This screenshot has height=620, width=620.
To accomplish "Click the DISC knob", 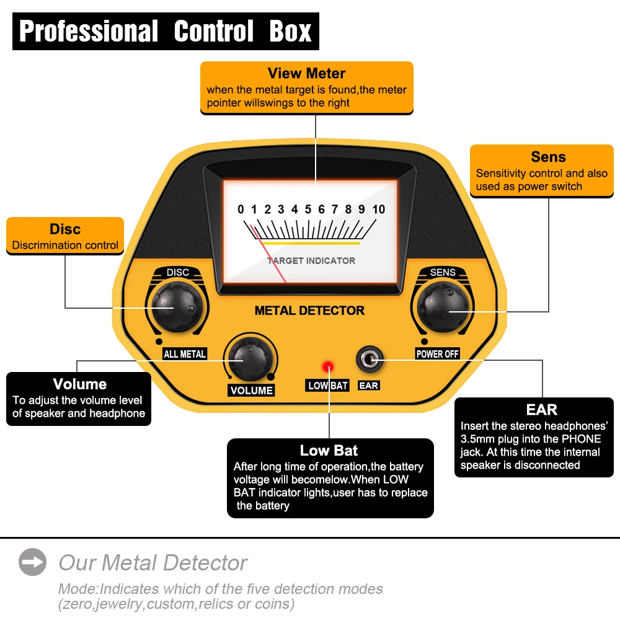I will click(173, 304).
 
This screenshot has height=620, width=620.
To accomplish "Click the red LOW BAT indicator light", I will click(327, 366).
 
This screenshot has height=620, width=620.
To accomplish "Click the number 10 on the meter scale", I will click(378, 210).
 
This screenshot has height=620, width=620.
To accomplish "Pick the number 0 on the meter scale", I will click(241, 210).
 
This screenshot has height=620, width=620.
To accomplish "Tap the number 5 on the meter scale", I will click(308, 210).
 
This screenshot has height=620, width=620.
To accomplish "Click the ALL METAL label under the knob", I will click(184, 354).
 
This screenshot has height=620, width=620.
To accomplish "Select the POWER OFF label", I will click(437, 354).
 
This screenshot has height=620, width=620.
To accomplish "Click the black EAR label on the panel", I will click(369, 386).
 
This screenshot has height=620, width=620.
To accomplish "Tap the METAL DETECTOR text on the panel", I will click(309, 311).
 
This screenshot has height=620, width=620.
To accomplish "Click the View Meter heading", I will click(306, 74).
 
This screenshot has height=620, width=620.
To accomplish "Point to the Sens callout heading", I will click(548, 157).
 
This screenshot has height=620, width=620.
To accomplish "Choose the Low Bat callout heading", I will click(329, 451).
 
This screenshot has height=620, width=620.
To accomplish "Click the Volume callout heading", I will click(79, 384).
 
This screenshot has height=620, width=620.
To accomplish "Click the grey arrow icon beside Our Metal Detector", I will click(32, 562).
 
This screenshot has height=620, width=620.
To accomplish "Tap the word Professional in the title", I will click(89, 31).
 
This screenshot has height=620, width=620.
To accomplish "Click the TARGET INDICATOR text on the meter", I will click(312, 261).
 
